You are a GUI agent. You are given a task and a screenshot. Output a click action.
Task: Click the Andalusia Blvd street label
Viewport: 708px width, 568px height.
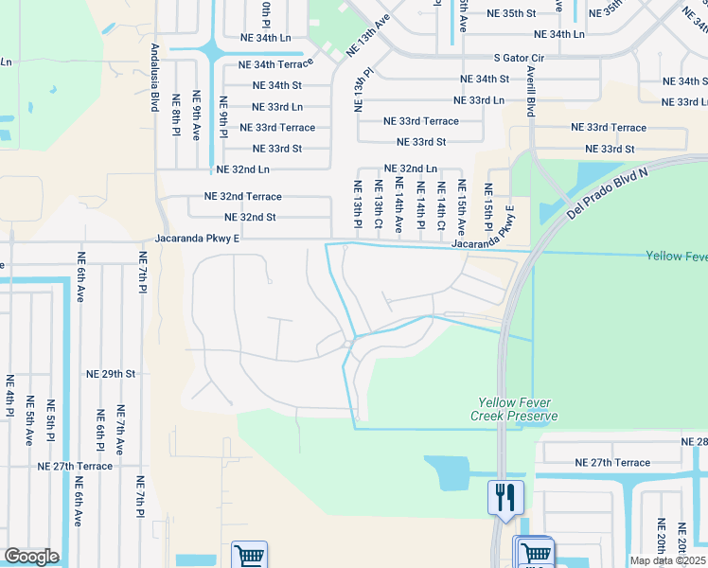coord(153,77)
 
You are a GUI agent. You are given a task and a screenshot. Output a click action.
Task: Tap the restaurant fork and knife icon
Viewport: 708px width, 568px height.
coord(505,497)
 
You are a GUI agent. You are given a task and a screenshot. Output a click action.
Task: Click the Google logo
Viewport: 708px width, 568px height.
coord(31,557)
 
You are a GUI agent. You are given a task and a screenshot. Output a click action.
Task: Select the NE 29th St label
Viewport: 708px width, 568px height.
coord(111,374)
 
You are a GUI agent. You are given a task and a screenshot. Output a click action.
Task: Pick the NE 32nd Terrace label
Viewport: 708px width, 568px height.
coord(243,197)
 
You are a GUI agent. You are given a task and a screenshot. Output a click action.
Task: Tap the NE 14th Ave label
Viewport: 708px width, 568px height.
coord(398,206)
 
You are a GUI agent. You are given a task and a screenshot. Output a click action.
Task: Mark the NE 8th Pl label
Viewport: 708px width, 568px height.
coord(176,114)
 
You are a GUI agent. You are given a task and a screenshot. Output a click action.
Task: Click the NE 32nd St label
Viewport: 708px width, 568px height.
coord(244,217)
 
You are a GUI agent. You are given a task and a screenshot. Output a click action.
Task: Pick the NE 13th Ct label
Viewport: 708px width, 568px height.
coord(378,206)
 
